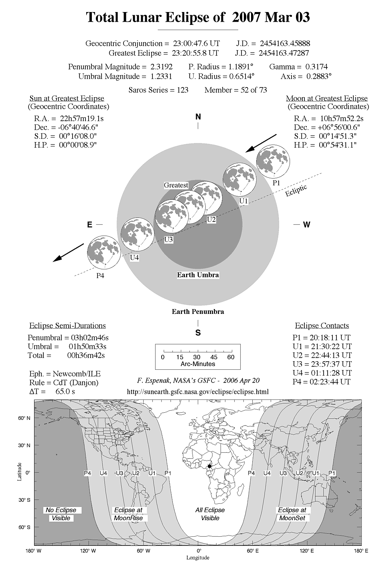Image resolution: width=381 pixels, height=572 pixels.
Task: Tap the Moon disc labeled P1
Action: (x=273, y=161)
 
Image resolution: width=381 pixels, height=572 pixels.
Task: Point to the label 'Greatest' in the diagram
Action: (x=176, y=185)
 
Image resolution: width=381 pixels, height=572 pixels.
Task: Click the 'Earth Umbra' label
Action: (x=198, y=275)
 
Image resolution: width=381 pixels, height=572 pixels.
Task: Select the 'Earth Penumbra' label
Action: (x=198, y=311)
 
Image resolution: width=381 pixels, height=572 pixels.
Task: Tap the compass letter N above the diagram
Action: (x=198, y=117)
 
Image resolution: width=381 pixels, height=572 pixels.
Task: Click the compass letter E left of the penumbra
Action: (x=90, y=225)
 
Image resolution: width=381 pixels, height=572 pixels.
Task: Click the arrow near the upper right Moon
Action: (x=261, y=143)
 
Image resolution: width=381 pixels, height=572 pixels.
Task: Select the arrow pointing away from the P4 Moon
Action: (x=69, y=253)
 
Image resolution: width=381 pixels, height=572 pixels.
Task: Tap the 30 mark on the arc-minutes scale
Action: (x=197, y=357)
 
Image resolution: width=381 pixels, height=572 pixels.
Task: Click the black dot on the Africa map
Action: (x=209, y=466)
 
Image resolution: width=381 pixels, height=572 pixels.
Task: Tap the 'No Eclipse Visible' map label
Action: (x=61, y=514)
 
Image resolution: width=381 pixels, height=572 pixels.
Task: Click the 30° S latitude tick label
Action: (x=24, y=500)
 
